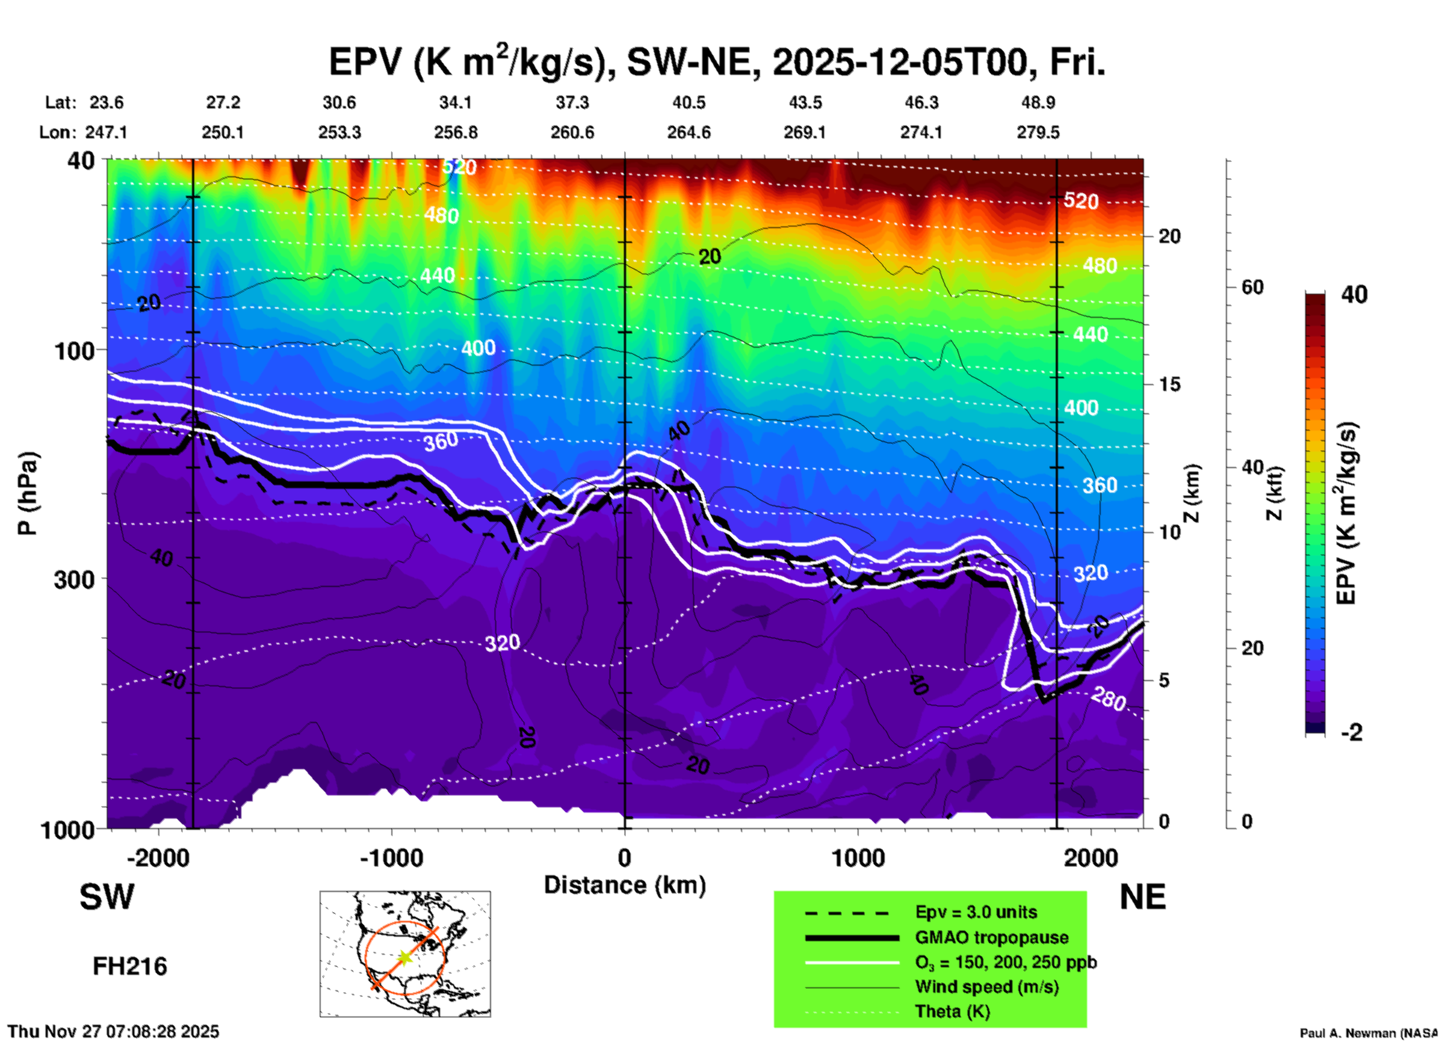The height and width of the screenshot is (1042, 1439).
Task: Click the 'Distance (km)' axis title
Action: [x=625, y=885]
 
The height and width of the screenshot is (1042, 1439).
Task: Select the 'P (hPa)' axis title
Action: [x=28, y=493]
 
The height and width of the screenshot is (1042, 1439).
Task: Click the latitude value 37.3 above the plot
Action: [x=572, y=102]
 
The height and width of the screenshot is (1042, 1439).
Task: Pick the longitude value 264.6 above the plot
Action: [x=688, y=132]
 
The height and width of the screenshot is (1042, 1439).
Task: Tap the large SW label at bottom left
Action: [x=107, y=897]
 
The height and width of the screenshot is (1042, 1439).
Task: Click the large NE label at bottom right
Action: [x=1142, y=897]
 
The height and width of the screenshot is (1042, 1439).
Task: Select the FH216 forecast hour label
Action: [x=129, y=967]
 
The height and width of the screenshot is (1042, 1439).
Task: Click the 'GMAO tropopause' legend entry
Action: [x=991, y=937]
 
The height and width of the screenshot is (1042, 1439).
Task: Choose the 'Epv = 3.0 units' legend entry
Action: [x=976, y=912]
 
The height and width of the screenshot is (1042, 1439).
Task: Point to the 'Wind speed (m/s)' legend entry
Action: [x=986, y=987]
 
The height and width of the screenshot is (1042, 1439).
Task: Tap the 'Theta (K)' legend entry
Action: [x=952, y=1011]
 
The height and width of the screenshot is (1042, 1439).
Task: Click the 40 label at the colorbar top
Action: [x=1354, y=295]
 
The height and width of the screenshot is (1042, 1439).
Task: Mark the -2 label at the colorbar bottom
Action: [x=1352, y=733]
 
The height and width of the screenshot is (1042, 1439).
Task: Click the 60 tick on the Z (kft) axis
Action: [x=1252, y=287]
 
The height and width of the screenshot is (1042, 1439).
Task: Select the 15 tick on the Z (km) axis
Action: [x=1169, y=384]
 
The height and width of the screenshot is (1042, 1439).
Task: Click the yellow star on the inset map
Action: [x=404, y=957]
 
